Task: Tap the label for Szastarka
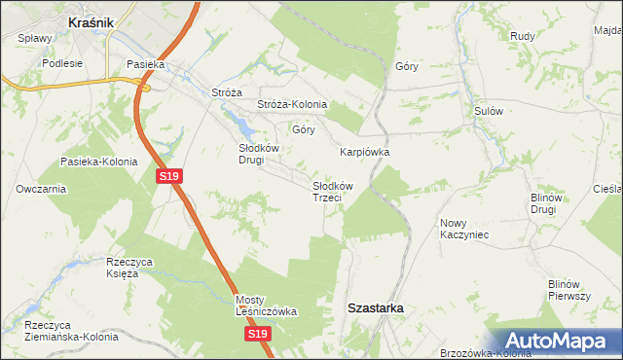coord(377,307)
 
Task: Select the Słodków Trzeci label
coord(332,191)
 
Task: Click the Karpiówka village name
coord(364,153)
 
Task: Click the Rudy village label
coord(523,36)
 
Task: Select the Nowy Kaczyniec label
coord(463,229)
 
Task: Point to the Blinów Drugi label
coord(543,203)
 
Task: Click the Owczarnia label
coord(40,189)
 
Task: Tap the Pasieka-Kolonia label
coord(98,162)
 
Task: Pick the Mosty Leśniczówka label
coord(265,306)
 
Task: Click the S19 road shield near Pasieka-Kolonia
coord(168,176)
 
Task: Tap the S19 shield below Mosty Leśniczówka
coord(256,334)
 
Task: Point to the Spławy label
coord(35,39)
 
